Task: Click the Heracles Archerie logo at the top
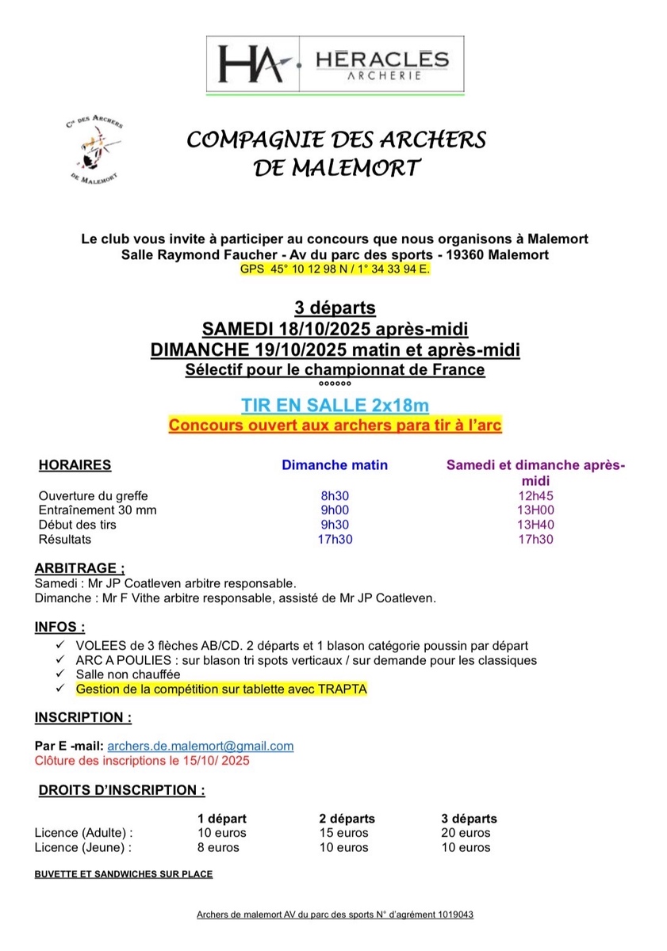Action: [x=334, y=63]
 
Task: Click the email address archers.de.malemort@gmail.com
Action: [x=201, y=746]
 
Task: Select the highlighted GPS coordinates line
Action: [x=334, y=269]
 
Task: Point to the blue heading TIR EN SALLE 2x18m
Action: [x=334, y=406]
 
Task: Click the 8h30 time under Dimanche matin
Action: [x=335, y=496]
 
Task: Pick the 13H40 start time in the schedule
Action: [x=535, y=525]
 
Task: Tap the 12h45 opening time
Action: [x=535, y=496]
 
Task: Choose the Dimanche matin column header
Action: [x=335, y=465]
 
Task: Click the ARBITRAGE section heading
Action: [x=80, y=568]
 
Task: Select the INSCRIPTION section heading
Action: [x=83, y=718]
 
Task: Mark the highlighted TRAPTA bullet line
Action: [x=221, y=689]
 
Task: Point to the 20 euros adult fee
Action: [x=466, y=833]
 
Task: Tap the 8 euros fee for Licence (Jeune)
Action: [x=218, y=847]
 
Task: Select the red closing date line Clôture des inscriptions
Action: [x=142, y=761]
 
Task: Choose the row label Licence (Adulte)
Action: [x=84, y=833]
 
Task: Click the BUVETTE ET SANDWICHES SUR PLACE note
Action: [x=124, y=875]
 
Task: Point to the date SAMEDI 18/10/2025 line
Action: [x=334, y=328]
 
